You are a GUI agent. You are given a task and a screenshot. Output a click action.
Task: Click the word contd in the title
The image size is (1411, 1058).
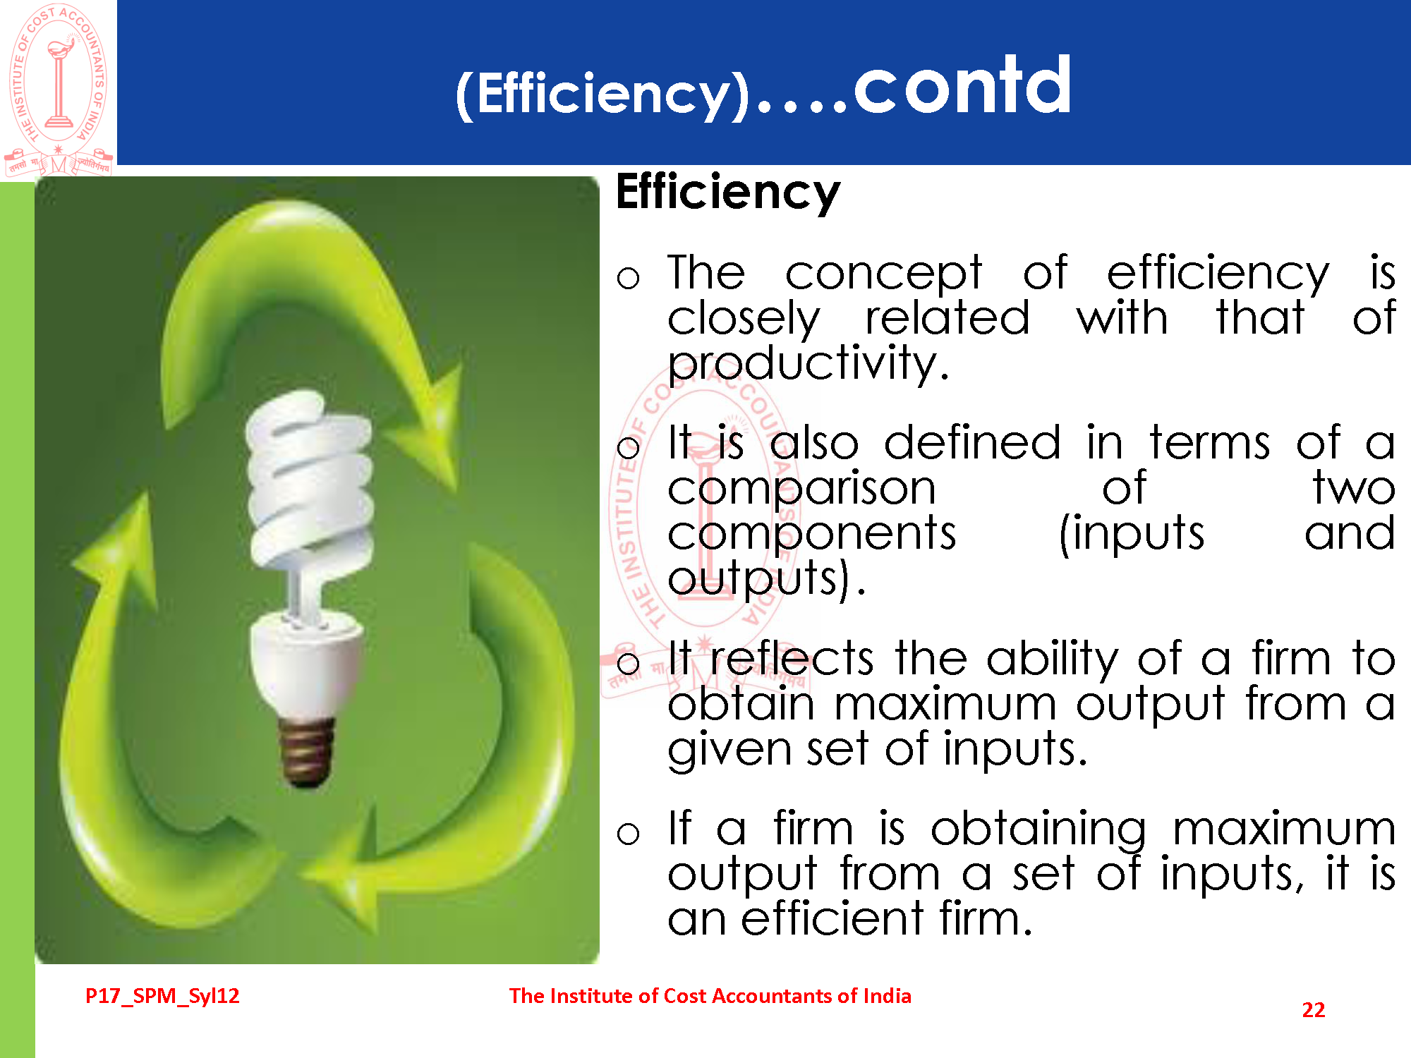963,85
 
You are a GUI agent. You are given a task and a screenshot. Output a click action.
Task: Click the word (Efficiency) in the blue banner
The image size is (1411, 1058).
602,94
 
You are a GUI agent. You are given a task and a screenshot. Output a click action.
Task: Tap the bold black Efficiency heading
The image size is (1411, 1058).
728,192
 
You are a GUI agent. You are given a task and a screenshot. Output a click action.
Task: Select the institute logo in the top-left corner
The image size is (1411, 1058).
59,89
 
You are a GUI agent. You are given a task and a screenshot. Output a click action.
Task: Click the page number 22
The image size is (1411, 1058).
1313,1010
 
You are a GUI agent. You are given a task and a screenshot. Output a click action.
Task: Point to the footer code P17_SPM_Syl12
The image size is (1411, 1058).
162,996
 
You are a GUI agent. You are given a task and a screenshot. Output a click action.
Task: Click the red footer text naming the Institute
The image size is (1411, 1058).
710,996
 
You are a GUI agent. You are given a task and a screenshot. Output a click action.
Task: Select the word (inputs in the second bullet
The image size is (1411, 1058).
1132,535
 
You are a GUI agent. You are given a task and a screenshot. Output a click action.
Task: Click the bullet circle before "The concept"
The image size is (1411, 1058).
628,277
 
